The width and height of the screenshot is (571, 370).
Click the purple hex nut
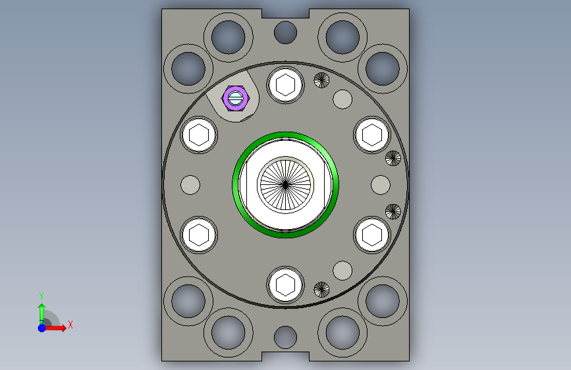point(236,98)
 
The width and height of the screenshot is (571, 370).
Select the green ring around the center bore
point(235,185)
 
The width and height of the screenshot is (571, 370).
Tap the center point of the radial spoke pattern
point(286,185)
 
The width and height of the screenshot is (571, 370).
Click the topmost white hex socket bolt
point(286,85)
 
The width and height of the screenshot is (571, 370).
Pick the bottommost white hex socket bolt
point(286,285)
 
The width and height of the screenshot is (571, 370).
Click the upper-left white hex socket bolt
point(199,135)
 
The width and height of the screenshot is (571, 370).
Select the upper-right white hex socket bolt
point(372,135)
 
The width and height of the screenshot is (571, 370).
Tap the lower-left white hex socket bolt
point(199,235)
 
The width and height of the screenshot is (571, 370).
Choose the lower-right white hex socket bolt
point(372,235)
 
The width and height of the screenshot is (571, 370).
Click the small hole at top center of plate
point(286,32)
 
